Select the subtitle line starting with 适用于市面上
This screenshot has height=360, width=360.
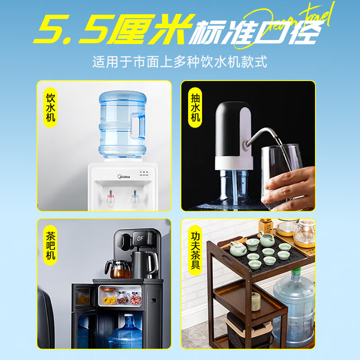point(180,62)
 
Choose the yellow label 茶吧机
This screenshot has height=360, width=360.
point(50,246)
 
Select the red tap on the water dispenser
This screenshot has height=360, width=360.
point(110,198)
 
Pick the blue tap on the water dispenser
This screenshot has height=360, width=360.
point(134,198)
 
